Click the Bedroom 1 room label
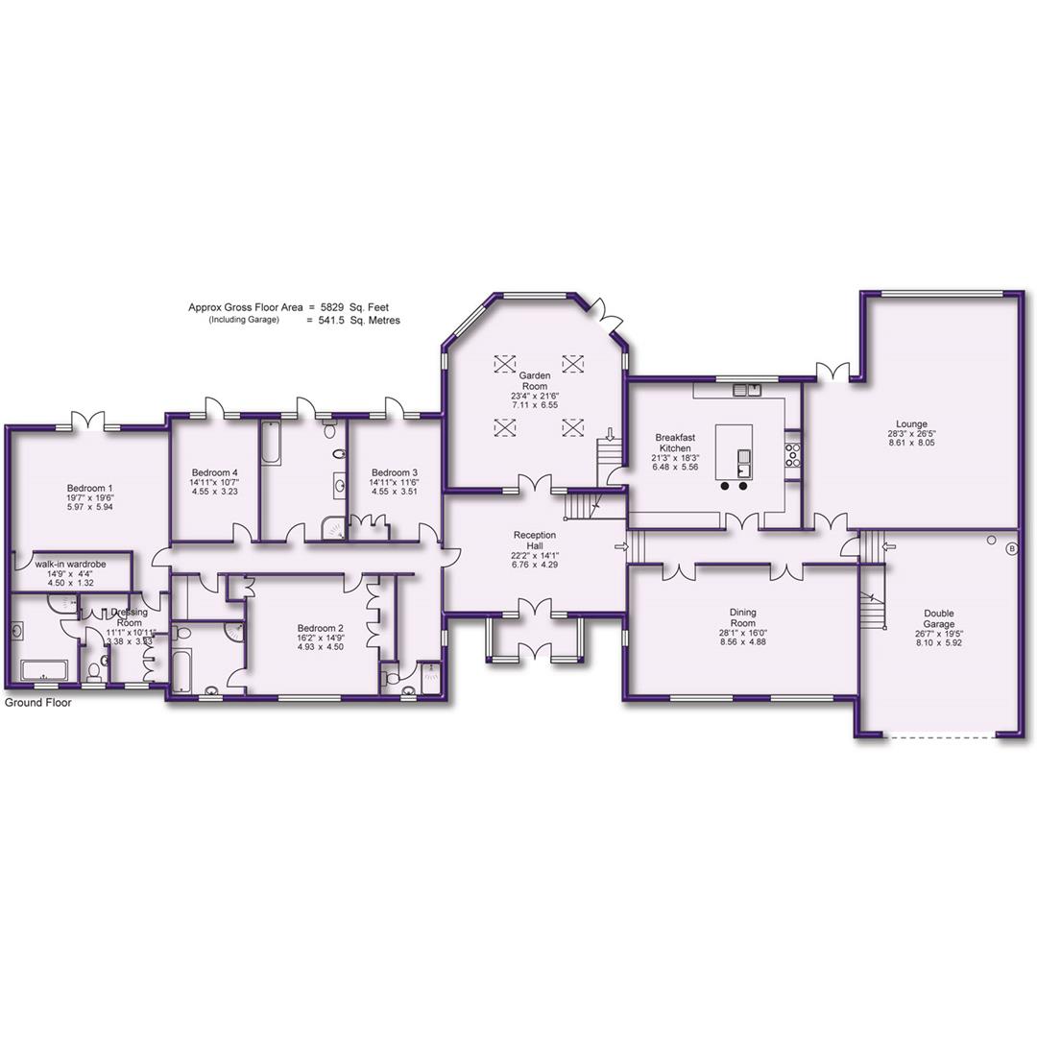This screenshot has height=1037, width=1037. (89, 488)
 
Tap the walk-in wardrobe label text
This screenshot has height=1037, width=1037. (70, 565)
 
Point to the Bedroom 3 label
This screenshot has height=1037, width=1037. (395, 472)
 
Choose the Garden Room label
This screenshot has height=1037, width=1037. (534, 380)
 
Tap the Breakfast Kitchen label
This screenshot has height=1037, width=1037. (676, 443)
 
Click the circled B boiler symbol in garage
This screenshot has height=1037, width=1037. (1010, 549)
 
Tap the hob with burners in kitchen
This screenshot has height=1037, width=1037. (793, 454)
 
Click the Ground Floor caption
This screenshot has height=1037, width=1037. (37, 703)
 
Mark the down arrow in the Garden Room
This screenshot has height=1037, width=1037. (610, 434)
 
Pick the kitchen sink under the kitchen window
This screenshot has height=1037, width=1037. (746, 390)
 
